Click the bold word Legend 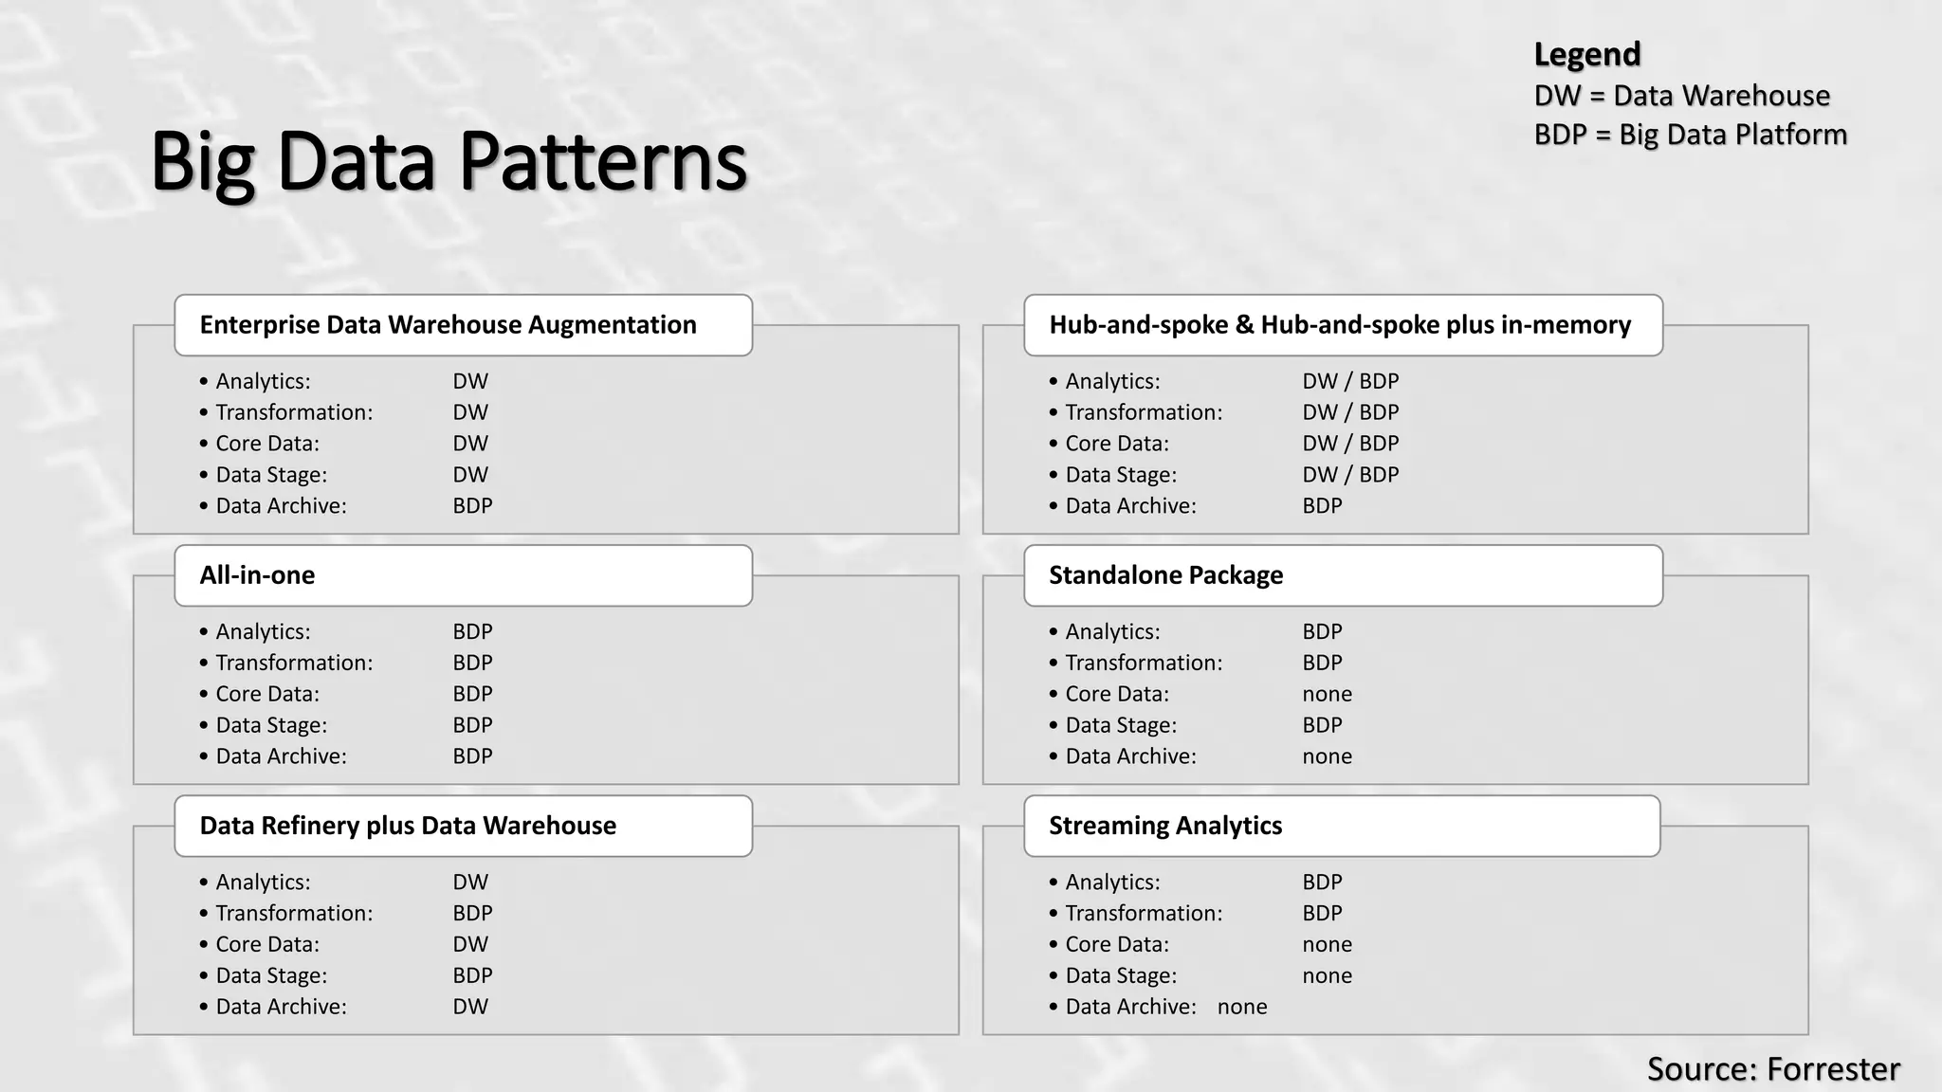click(1586, 54)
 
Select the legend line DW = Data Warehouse click(1681, 96)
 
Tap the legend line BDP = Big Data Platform click(1690, 135)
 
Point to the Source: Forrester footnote click(1772, 1068)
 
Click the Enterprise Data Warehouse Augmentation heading click(448, 325)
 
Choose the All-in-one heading click(257, 575)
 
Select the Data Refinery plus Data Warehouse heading click(408, 826)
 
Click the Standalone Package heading click(1165, 575)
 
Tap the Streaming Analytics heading click(1164, 826)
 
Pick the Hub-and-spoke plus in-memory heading click(1339, 325)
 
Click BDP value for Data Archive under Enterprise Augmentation click(472, 506)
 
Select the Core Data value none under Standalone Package click(1327, 694)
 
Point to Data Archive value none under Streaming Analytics click(1242, 1007)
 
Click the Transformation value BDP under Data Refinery click(472, 913)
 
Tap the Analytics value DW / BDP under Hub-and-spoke click(1350, 381)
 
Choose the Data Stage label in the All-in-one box click(271, 725)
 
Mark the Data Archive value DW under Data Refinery click(470, 1007)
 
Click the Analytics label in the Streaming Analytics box click(1112, 883)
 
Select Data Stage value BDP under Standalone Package click(1322, 725)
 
